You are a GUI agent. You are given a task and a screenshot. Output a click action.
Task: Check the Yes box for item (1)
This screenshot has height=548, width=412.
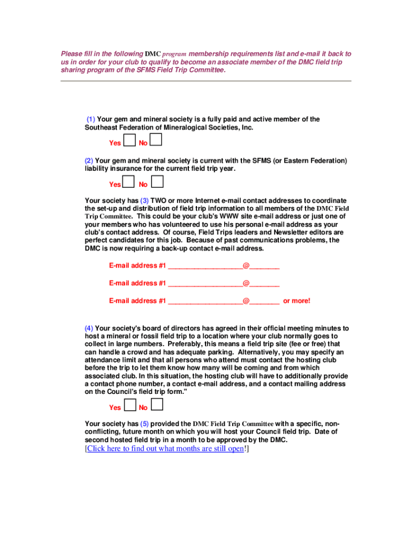129,141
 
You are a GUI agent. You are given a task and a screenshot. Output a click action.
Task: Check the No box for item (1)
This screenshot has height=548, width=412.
156,140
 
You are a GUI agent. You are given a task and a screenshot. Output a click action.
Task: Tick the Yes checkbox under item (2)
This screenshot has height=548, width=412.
128,182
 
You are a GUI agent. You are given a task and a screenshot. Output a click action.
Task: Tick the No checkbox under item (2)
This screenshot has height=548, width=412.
157,182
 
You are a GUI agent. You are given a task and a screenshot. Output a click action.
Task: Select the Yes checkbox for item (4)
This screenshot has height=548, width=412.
129,405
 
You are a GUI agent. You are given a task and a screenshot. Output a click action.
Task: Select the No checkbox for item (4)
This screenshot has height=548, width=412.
157,405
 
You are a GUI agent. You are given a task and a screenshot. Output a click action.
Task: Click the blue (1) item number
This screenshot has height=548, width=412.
91,119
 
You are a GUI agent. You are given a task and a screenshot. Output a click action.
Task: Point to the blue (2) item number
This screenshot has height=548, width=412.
89,161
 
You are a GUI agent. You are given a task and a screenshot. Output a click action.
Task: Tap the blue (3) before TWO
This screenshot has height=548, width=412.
144,201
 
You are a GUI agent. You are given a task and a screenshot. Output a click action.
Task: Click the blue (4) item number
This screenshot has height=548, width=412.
89,328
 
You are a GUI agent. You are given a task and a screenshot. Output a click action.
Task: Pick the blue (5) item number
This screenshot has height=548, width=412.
144,423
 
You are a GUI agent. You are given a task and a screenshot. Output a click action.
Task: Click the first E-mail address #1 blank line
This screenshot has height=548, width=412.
205,266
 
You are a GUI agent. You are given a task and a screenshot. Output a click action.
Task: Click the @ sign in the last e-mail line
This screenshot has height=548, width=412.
246,301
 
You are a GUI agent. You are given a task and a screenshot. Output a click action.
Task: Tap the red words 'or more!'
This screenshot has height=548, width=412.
296,301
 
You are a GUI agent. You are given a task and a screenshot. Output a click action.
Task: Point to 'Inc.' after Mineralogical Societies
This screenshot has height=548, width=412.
247,128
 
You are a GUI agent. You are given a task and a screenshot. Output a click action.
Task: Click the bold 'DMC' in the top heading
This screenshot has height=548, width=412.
152,54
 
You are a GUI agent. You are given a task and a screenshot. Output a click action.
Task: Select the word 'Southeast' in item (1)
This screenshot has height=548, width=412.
101,128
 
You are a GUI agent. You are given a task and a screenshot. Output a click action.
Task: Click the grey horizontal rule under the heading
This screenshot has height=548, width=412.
206,81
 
